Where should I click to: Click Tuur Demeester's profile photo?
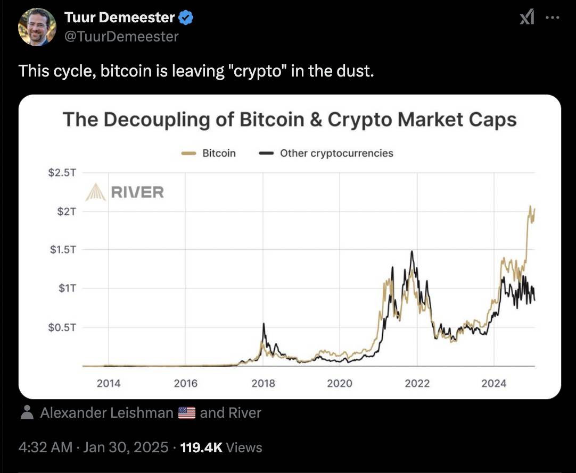pyautogui.click(x=37, y=27)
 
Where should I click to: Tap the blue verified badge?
pyautogui.click(x=186, y=18)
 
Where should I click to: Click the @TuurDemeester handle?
pyautogui.click(x=121, y=36)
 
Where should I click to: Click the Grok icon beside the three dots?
pyautogui.click(x=526, y=18)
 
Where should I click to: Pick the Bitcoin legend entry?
pyautogui.click(x=208, y=153)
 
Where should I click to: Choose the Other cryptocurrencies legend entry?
pyautogui.click(x=326, y=153)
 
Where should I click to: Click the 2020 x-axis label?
pyautogui.click(x=340, y=383)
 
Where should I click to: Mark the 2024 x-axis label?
pyautogui.click(x=493, y=383)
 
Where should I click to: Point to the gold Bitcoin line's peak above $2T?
pyautogui.click(x=530, y=206)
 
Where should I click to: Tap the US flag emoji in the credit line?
pyautogui.click(x=187, y=413)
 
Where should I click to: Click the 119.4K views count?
pyautogui.click(x=201, y=447)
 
